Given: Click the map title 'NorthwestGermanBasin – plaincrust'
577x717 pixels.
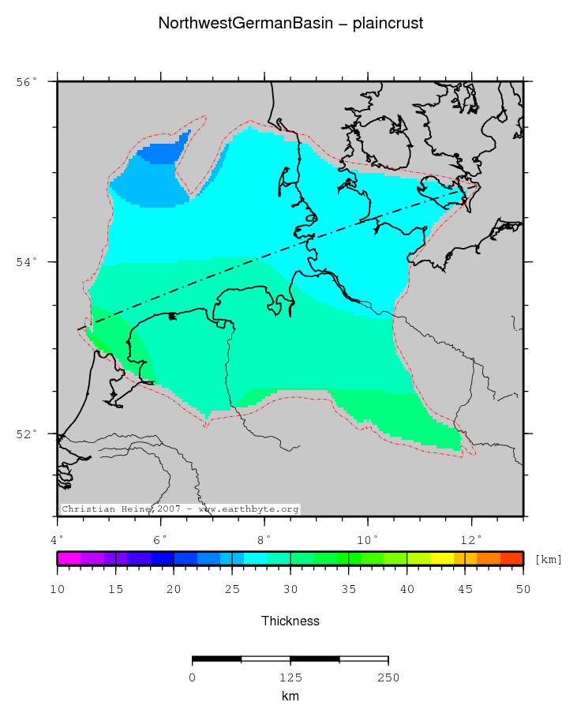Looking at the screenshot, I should (x=290, y=24).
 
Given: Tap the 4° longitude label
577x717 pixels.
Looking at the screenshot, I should (x=58, y=540).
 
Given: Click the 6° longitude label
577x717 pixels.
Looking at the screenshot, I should (x=161, y=540).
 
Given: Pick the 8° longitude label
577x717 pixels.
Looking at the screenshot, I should (x=264, y=540).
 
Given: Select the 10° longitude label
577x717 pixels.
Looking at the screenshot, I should (x=368, y=540).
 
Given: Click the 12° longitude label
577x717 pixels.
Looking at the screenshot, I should (x=471, y=540).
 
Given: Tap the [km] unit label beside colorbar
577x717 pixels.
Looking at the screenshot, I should (x=549, y=559).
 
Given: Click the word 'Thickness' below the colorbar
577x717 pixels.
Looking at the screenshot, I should (x=290, y=621).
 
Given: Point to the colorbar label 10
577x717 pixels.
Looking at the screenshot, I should (x=58, y=590).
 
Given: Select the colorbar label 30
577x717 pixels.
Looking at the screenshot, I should (x=290, y=590).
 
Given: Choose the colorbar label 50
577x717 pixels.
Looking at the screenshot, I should (x=523, y=590).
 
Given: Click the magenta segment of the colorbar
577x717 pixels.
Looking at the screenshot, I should (x=69, y=558).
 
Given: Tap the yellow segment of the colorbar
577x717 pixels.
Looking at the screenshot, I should (x=441, y=558).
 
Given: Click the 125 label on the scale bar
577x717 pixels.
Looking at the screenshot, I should (x=290, y=678).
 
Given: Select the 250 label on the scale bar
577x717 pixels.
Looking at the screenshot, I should (x=388, y=678).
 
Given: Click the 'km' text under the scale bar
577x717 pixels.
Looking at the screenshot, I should (x=290, y=696).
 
